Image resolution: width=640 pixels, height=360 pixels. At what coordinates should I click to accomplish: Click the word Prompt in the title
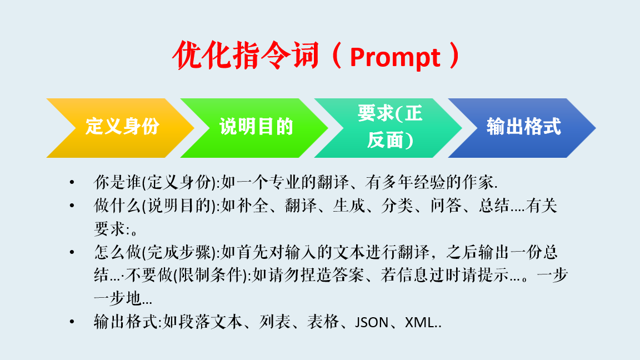[x=395, y=58]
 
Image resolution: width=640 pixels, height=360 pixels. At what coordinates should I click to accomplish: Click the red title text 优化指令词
[x=246, y=55]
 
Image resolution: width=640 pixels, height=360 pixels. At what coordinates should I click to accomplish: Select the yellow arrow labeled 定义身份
[x=121, y=128]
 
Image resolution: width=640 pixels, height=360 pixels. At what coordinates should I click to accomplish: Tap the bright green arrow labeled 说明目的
[x=254, y=128]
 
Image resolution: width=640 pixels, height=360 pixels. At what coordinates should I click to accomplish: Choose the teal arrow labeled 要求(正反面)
[x=388, y=128]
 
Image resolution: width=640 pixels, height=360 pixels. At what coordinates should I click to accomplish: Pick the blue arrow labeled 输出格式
[x=522, y=128]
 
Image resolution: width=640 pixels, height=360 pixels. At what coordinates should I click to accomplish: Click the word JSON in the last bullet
[x=372, y=322]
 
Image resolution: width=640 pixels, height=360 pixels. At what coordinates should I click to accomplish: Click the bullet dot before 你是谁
[x=72, y=182]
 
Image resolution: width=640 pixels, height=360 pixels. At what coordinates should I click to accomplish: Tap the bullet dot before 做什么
[x=72, y=206]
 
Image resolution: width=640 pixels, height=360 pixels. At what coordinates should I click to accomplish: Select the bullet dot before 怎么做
[x=72, y=252]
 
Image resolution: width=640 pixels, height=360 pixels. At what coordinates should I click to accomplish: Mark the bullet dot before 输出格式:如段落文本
[x=72, y=322]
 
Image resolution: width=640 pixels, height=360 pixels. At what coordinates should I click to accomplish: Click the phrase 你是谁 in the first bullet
[x=118, y=182]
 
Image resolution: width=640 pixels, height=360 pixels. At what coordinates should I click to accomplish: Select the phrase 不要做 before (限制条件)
[x=149, y=276]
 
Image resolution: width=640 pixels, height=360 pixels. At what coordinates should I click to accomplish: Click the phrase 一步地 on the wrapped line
[x=118, y=299]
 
